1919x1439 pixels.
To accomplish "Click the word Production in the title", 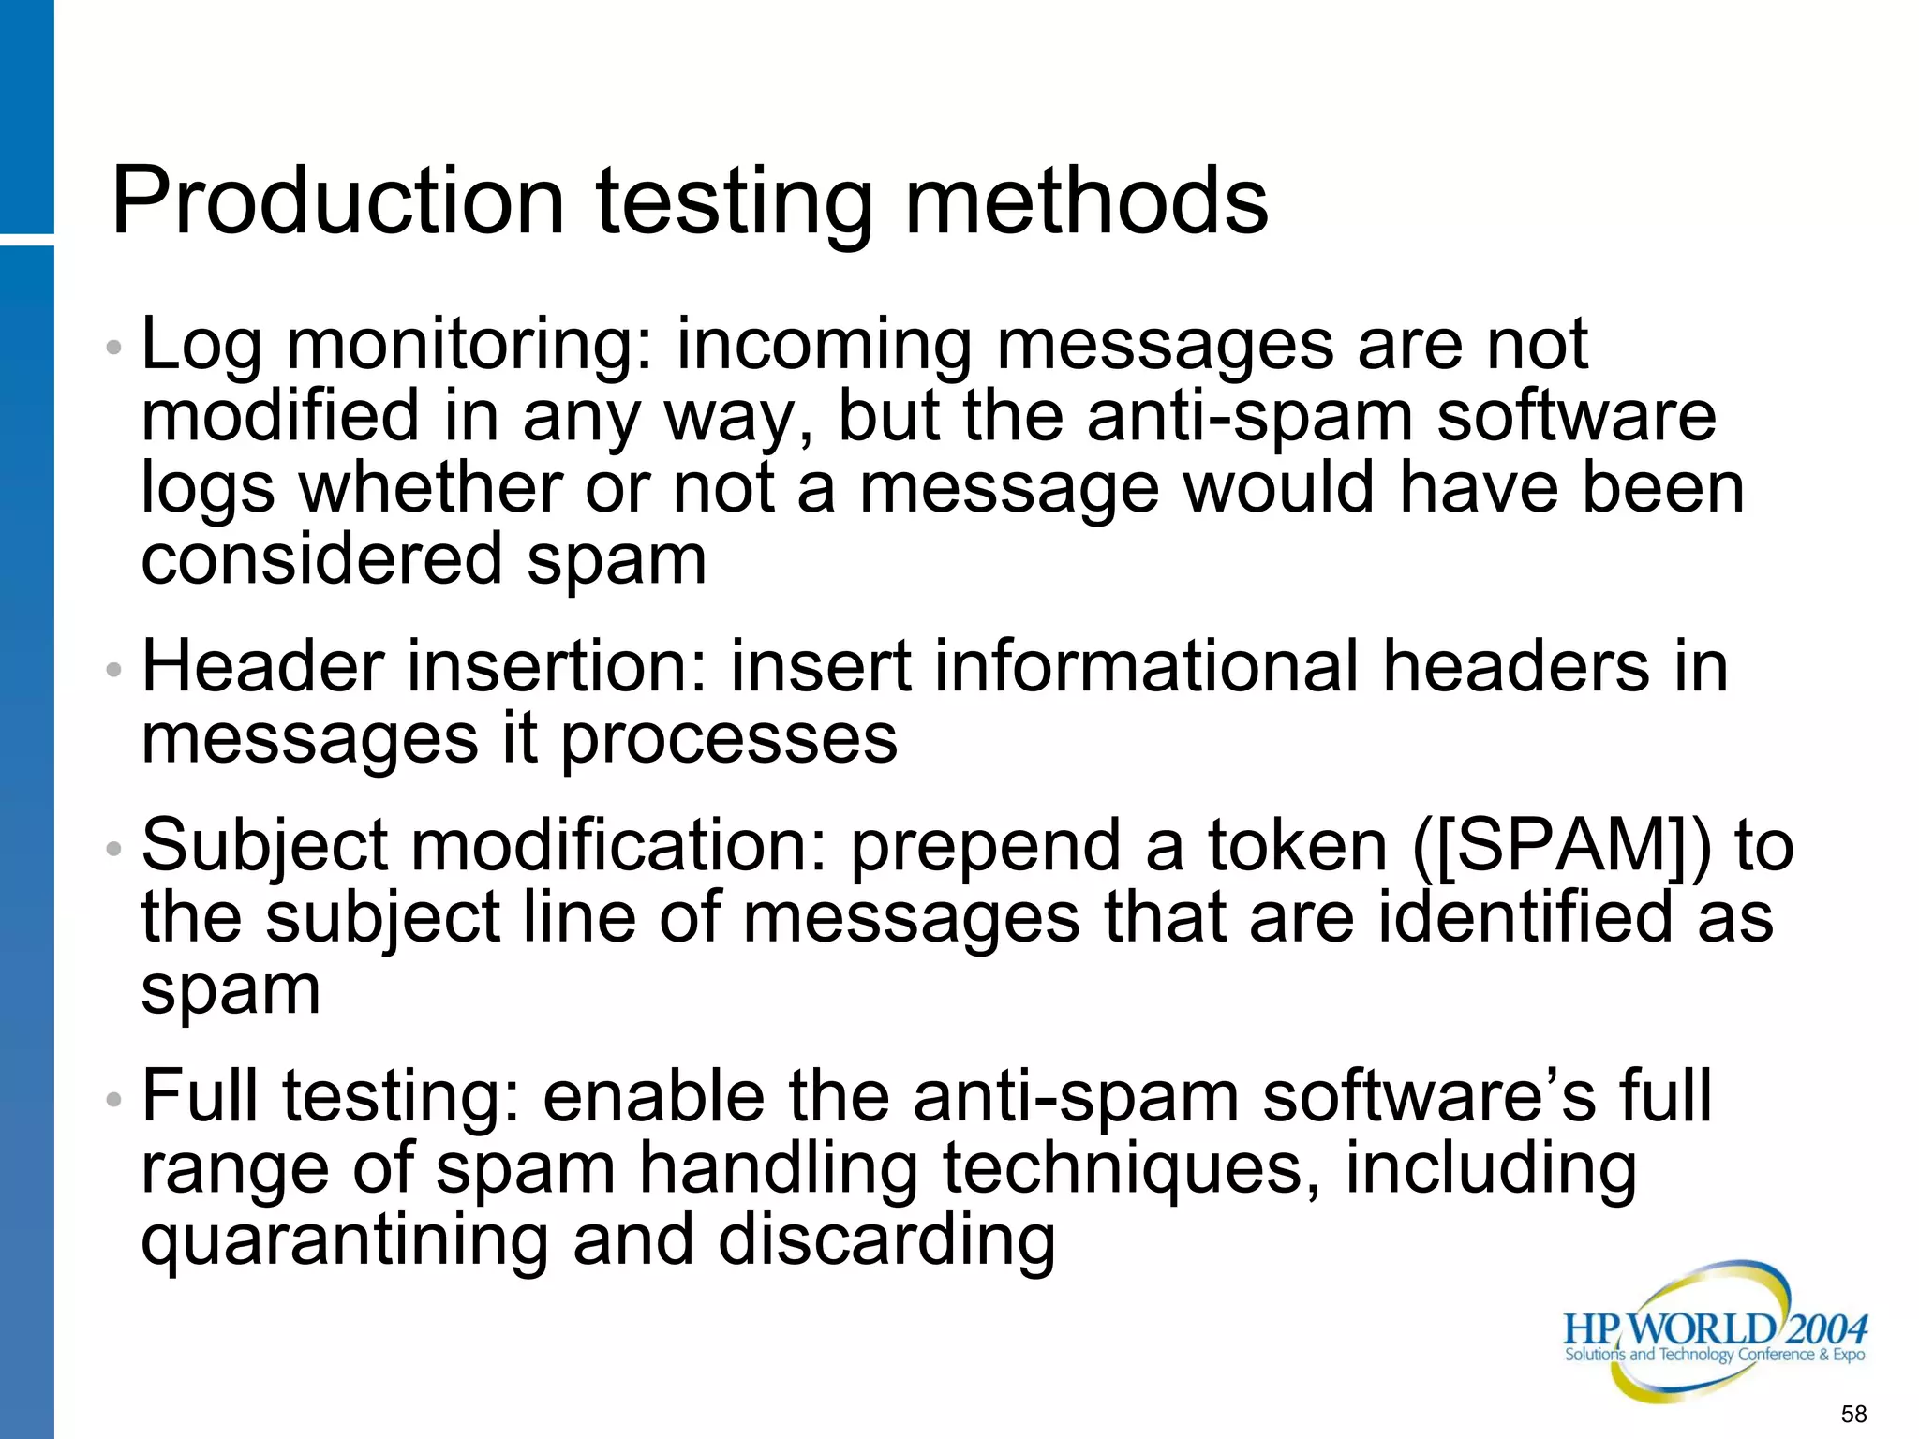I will coord(338,200).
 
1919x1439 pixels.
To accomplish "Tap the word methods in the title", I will coord(1086,200).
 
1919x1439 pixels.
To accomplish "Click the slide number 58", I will coord(1853,1413).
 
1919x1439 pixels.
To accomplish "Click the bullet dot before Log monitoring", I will coord(114,348).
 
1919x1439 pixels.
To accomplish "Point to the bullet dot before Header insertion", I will coord(114,670).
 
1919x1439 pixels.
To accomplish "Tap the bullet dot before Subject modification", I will coord(114,849).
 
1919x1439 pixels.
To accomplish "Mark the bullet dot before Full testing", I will coord(114,1099).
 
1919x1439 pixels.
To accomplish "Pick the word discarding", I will coord(886,1241).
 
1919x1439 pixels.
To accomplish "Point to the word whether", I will coord(430,488).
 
